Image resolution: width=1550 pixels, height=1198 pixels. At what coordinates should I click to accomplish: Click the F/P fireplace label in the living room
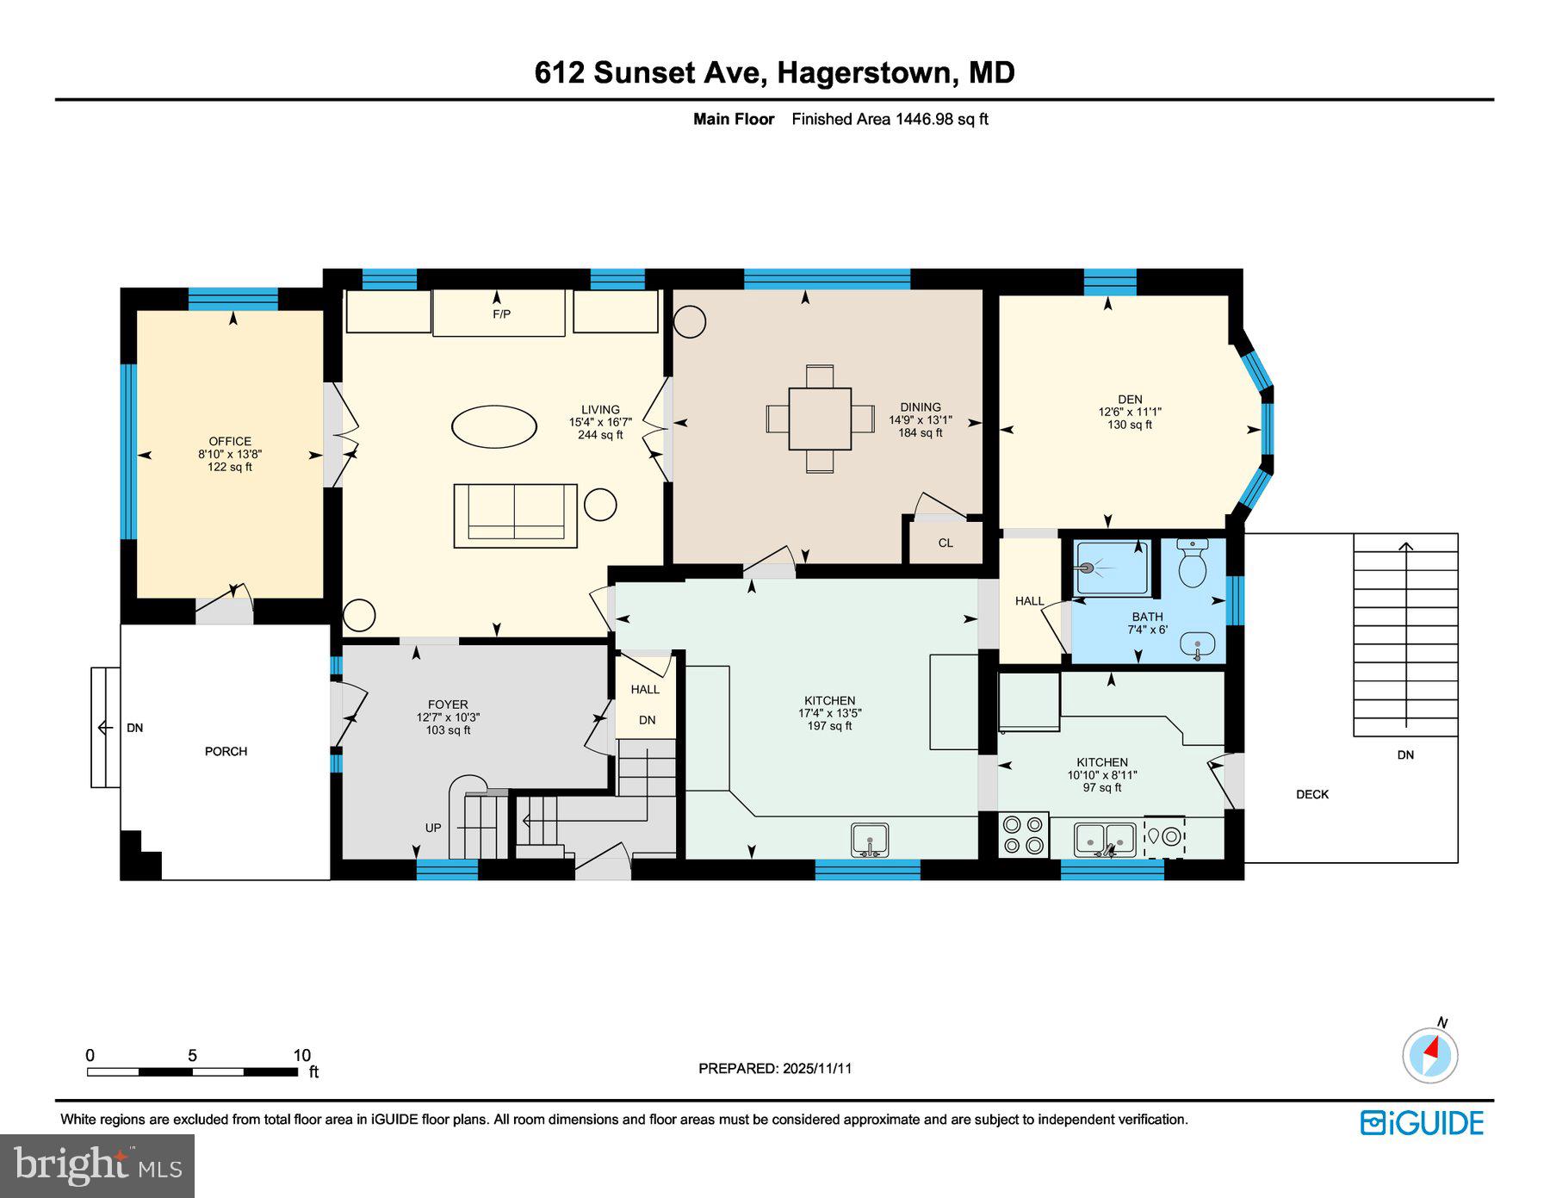[501, 314]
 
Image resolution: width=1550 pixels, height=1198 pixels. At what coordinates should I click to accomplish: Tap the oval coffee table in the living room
[494, 426]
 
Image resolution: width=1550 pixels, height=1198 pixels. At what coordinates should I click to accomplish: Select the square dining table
[820, 419]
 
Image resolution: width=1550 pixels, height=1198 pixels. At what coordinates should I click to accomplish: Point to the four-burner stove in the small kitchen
[1024, 835]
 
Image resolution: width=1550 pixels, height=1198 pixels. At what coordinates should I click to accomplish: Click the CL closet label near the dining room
[945, 543]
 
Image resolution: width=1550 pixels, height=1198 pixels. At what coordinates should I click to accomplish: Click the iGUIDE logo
[1422, 1123]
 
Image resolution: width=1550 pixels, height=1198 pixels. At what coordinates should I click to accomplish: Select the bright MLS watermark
[97, 1166]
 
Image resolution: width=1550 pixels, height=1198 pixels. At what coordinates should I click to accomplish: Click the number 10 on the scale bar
[301, 1056]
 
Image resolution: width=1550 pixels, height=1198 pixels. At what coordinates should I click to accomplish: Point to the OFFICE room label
[230, 441]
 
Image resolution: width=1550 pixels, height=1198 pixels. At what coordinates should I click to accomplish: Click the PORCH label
[226, 751]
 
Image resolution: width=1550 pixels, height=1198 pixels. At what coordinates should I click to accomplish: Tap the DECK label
[1312, 794]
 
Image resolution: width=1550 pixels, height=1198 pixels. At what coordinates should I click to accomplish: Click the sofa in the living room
[515, 515]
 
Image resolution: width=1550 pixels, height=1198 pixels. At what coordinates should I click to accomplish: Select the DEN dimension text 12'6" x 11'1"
[1130, 412]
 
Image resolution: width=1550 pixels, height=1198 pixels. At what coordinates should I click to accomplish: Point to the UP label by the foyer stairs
[433, 828]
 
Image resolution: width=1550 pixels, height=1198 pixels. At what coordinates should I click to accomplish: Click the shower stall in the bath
[1112, 568]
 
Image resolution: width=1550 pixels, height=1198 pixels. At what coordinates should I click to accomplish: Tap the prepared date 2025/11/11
[817, 1068]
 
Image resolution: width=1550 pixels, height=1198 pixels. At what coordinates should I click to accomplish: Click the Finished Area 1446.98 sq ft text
[890, 120]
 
